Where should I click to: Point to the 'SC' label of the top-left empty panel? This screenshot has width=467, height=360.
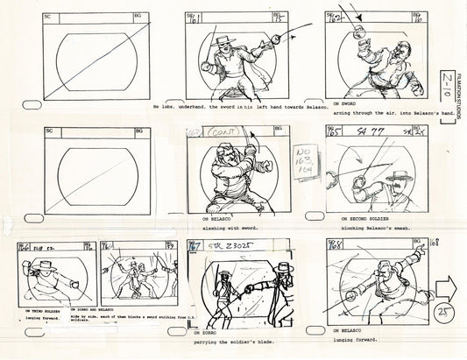51,17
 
